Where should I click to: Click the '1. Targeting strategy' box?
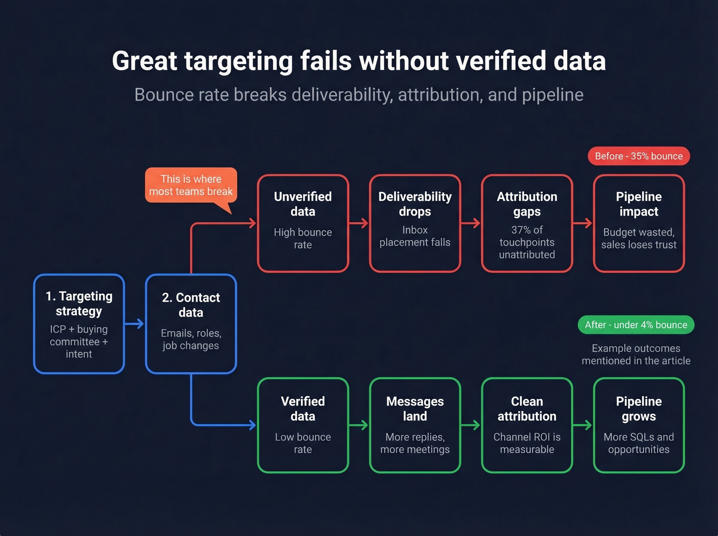[79, 324]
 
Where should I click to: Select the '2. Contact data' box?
[191, 324]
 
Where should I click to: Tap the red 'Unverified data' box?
[303, 223]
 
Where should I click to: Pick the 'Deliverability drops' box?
[415, 223]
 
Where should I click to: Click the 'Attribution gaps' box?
[527, 223]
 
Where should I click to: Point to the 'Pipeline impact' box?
[639, 223]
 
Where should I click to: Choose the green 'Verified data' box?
[303, 425]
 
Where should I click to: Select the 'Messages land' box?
[415, 425]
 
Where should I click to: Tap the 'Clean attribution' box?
[527, 425]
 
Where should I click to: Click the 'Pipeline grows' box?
[639, 425]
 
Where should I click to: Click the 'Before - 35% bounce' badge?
[639, 156]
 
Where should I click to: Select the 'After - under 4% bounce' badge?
[635, 325]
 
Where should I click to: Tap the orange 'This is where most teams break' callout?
[191, 185]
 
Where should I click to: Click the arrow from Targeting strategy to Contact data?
[135, 324]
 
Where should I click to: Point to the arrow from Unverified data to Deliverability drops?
[359, 223]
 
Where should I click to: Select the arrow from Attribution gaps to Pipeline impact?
[583, 223]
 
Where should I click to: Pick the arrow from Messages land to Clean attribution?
[471, 425]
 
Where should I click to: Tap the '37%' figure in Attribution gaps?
[520, 230]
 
